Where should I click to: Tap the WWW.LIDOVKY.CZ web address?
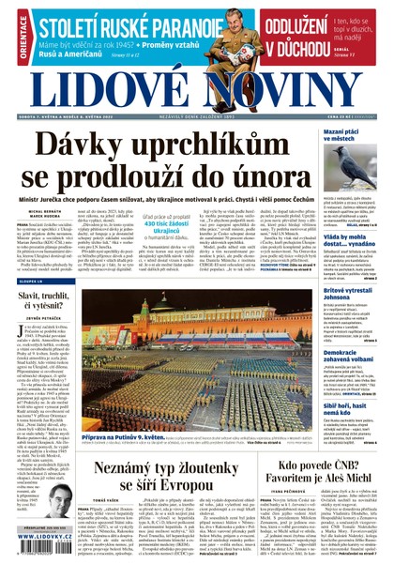point(43,556)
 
